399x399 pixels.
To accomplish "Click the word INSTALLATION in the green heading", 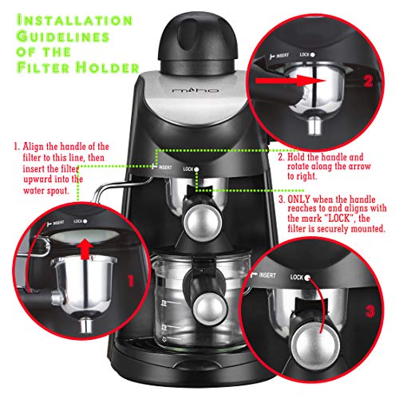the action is [74, 21].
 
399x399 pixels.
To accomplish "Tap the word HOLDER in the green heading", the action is [108, 67].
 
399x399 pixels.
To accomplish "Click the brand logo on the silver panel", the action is [196, 90].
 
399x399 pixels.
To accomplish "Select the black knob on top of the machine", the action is [198, 41].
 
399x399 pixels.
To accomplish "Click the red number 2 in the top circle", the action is [369, 81].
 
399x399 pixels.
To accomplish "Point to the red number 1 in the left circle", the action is [131, 281].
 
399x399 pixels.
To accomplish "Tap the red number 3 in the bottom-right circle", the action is [370, 310].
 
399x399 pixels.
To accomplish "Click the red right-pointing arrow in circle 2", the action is [290, 81].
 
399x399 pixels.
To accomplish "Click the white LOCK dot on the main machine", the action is [196, 169].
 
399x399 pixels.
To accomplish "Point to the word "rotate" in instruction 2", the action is [298, 167].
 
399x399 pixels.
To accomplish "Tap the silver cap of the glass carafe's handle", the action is [211, 309].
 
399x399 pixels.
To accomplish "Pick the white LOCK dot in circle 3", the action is [307, 278].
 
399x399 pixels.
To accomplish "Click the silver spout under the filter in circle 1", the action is [85, 325].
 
